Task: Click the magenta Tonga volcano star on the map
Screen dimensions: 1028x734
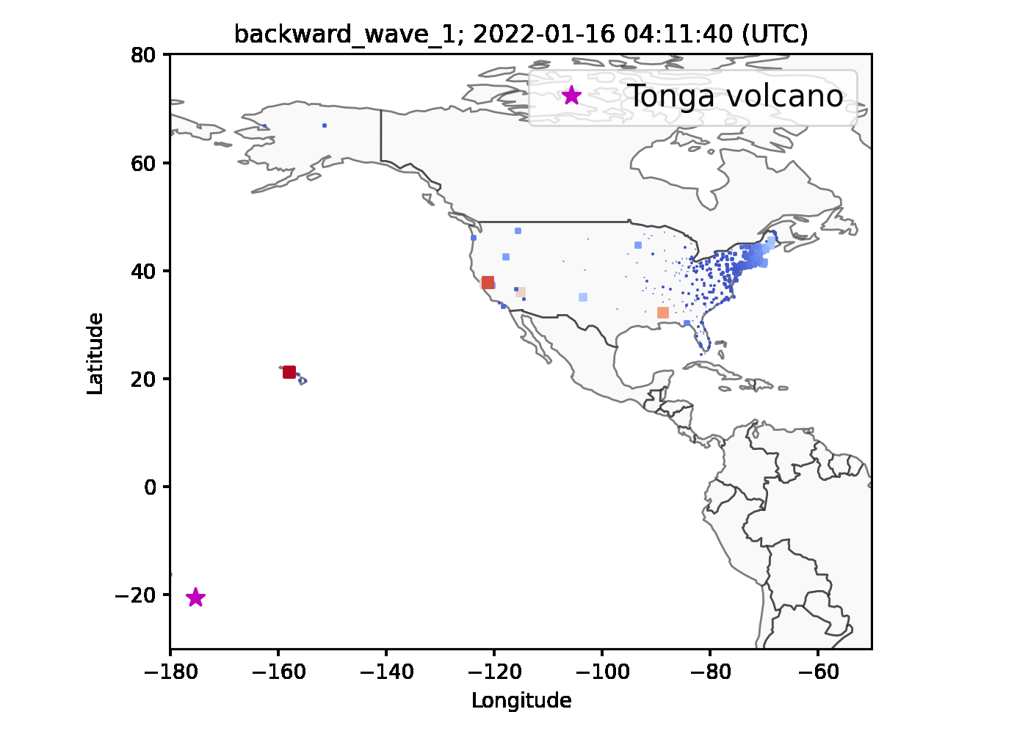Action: (x=196, y=597)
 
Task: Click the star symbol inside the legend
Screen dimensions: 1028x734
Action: (x=572, y=95)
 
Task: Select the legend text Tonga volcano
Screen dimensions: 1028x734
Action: (x=735, y=96)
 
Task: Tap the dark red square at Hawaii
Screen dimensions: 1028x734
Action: (x=289, y=372)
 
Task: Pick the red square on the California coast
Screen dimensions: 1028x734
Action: (x=488, y=283)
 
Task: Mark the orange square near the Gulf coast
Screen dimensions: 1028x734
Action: (x=663, y=313)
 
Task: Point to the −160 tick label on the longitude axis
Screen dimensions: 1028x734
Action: (x=278, y=673)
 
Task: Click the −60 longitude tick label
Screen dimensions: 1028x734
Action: (x=818, y=673)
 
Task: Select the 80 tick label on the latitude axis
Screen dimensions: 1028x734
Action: (x=143, y=55)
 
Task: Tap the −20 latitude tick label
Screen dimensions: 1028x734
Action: (x=135, y=595)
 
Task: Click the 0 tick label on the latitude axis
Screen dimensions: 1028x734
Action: (x=150, y=487)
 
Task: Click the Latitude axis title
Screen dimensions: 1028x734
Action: (x=95, y=353)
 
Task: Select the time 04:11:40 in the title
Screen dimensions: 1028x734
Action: (x=678, y=34)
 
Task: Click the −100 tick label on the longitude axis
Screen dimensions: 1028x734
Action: (x=602, y=673)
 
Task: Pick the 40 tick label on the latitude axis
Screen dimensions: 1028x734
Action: (x=143, y=271)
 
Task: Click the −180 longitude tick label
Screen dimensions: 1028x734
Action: (x=170, y=673)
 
